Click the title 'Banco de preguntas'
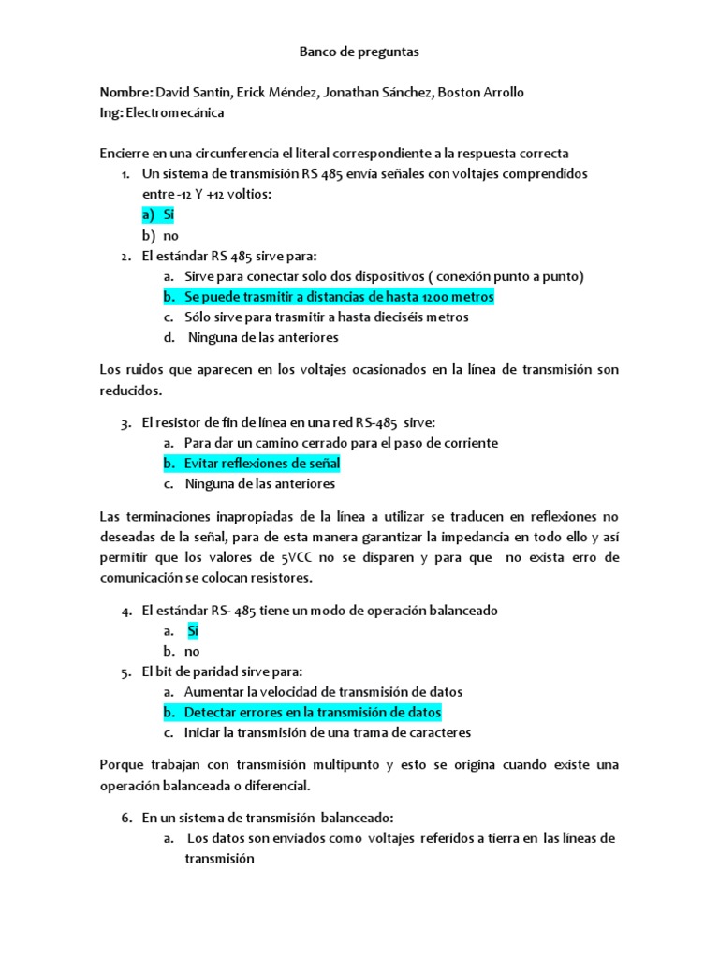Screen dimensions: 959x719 point(359,53)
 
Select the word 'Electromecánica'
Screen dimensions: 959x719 point(174,112)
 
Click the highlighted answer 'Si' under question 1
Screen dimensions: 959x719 point(169,215)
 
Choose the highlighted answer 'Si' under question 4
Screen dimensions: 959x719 point(193,631)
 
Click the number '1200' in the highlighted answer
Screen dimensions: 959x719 point(432,297)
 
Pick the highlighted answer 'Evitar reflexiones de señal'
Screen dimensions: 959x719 point(262,464)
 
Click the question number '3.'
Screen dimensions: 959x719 point(125,423)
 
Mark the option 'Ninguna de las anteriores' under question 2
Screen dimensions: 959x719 point(263,337)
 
